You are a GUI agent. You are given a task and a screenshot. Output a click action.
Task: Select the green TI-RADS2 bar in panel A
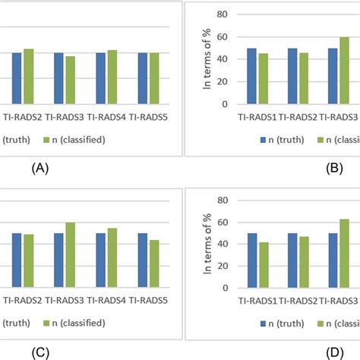pyautogui.click(x=28, y=77)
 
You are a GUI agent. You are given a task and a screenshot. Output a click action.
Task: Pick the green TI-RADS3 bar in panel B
pyautogui.click(x=344, y=71)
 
